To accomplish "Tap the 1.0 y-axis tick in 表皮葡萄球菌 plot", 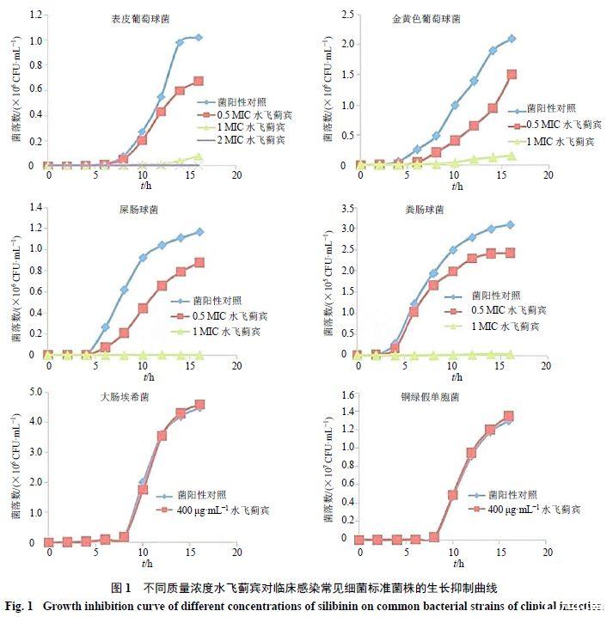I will tap(34, 40).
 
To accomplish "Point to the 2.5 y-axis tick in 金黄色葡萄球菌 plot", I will tap(347, 14).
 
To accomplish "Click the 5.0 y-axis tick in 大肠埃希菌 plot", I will tap(34, 392).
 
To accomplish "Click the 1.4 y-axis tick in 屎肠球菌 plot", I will tap(34, 207).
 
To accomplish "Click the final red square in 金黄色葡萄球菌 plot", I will tap(512, 75).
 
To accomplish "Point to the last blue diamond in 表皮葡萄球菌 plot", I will tap(199, 37).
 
